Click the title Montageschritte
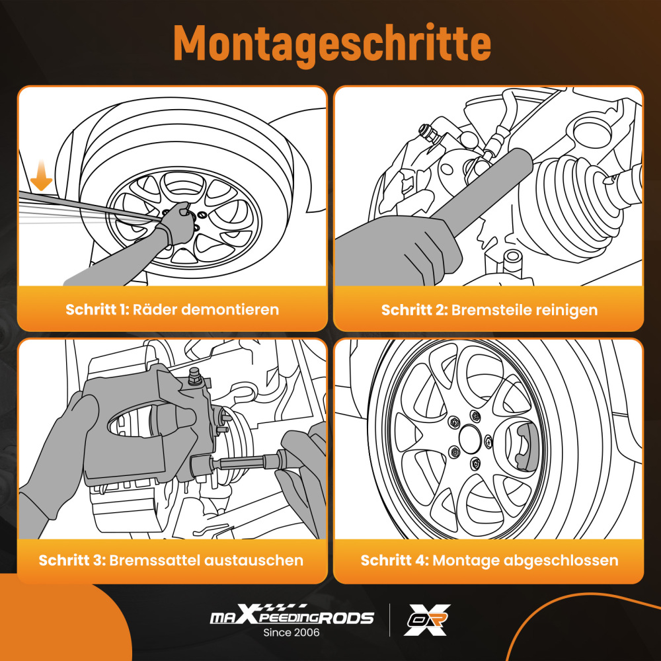pyautogui.click(x=332, y=44)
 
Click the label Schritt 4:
pyautogui.click(x=394, y=561)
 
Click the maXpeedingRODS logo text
pyautogui.click(x=292, y=618)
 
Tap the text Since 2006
pyautogui.click(x=292, y=633)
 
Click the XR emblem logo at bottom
pyautogui.click(x=427, y=619)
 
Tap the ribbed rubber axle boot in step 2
pyautogui.click(x=572, y=198)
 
